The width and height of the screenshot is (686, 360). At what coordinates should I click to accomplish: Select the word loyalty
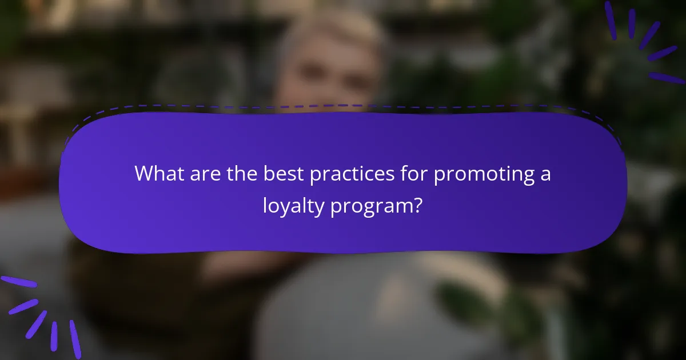pos(293,206)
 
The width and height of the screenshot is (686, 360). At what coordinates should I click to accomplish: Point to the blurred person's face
pos(332,74)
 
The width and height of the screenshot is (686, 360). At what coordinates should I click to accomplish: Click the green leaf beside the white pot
pos(463,297)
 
